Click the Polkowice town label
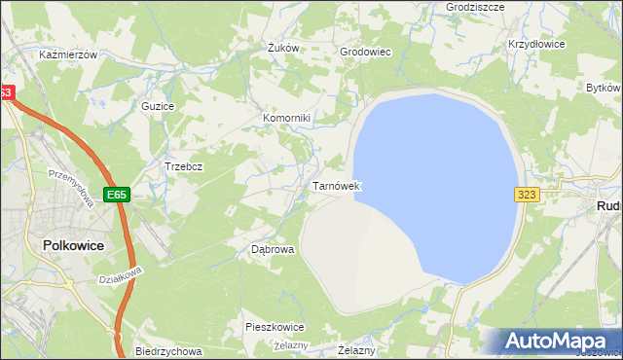(73, 246)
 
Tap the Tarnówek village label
(337, 185)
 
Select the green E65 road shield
(117, 195)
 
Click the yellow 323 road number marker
(528, 195)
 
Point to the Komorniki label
(286, 119)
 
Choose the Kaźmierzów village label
(68, 55)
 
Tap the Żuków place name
(281, 48)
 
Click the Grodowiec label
(364, 53)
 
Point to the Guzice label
(158, 105)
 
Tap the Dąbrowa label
(273, 249)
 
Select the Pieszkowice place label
(275, 327)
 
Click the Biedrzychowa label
(168, 351)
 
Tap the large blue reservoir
(438, 175)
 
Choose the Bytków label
(605, 88)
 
